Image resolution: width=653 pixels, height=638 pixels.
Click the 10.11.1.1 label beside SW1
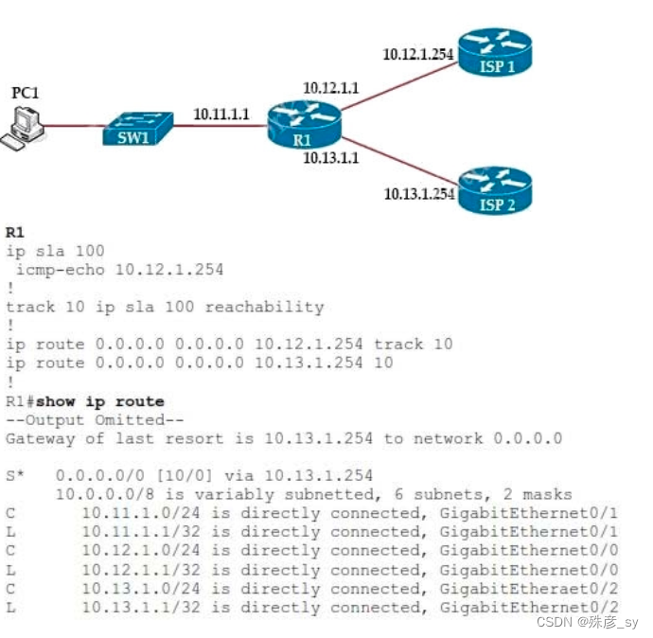pyautogui.click(x=221, y=115)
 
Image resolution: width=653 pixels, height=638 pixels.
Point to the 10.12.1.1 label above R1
pyautogui.click(x=330, y=88)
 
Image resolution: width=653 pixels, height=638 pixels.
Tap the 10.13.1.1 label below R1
pyautogui.click(x=330, y=158)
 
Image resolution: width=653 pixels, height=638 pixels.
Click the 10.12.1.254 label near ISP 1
pyautogui.click(x=418, y=54)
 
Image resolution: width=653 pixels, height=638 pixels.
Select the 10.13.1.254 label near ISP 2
pyautogui.click(x=419, y=194)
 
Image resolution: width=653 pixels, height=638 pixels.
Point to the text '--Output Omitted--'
pyautogui.click(x=94, y=419)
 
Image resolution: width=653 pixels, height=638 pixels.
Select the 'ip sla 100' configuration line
pyautogui.click(x=55, y=251)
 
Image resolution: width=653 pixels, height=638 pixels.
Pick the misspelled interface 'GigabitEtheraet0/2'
pyautogui.click(x=529, y=589)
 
